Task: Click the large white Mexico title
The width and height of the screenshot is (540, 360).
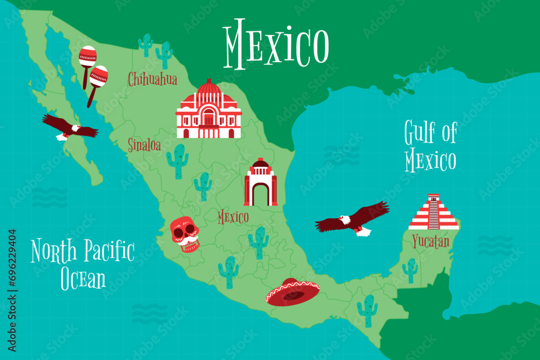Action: coord(276,42)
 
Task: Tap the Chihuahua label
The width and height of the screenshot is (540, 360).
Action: coord(152,80)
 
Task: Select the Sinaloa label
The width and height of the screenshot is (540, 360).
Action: coord(144,145)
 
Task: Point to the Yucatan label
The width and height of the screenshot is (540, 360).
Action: coord(430,241)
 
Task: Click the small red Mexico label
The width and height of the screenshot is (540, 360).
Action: coord(233,218)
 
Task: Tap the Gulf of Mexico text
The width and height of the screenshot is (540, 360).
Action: coord(430,146)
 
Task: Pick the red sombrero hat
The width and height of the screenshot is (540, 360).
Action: coord(292,292)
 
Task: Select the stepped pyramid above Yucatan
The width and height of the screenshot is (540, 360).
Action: coord(433,213)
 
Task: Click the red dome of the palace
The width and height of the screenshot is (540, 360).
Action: coord(209,87)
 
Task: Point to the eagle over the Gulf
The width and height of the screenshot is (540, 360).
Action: coord(354,219)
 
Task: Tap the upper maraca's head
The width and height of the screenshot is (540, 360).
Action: coord(87,55)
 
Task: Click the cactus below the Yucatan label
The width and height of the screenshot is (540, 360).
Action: coord(410,270)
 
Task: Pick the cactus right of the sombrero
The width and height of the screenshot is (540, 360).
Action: coord(367,310)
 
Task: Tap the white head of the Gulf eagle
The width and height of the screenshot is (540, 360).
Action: coord(344,220)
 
